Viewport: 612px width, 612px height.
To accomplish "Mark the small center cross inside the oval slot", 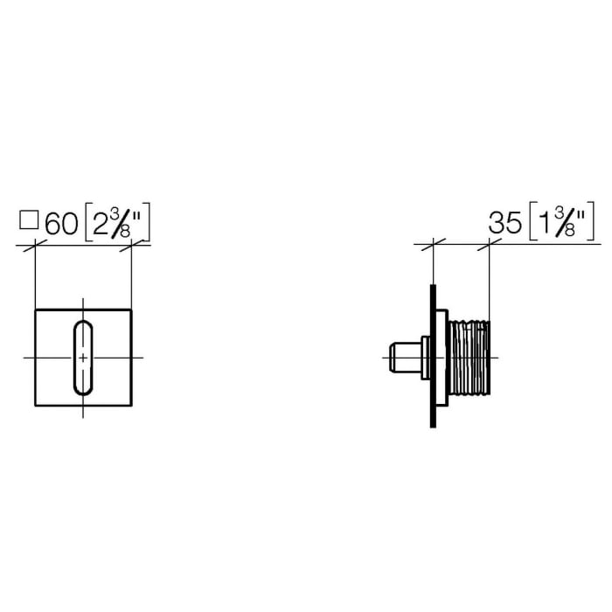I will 83,358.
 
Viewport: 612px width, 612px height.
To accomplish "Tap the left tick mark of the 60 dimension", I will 34,248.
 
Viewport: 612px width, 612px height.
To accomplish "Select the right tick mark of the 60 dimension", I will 131,248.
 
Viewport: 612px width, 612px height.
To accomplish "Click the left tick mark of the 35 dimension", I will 432,244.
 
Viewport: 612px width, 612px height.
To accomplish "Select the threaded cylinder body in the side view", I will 470,358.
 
